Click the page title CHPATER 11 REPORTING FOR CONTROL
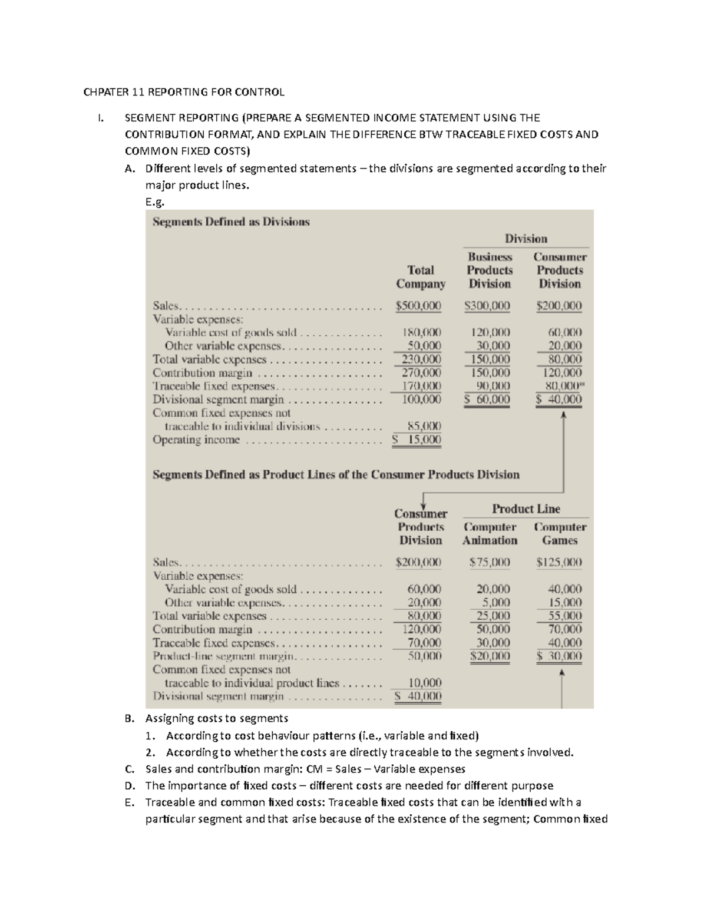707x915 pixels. coord(184,92)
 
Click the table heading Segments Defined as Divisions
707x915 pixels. coord(231,222)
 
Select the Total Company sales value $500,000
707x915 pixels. coord(418,306)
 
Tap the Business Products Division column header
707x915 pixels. coord(490,270)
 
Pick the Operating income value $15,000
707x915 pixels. coord(417,440)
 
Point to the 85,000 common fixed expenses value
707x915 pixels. coord(424,426)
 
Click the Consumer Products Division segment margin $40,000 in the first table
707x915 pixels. coord(559,399)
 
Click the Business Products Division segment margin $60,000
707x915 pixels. coord(487,399)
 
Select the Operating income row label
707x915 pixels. coord(196,440)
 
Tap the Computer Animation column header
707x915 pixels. coord(490,534)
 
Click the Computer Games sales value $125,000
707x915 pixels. coord(559,562)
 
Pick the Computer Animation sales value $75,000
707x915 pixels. coord(490,562)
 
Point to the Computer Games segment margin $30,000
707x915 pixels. coord(559,656)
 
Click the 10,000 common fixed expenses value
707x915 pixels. coord(425,683)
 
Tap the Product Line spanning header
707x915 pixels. coord(526,509)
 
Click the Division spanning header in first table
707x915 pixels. coord(526,239)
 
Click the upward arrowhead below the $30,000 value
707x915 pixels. coord(562,673)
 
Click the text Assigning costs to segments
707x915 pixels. coord(217,718)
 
